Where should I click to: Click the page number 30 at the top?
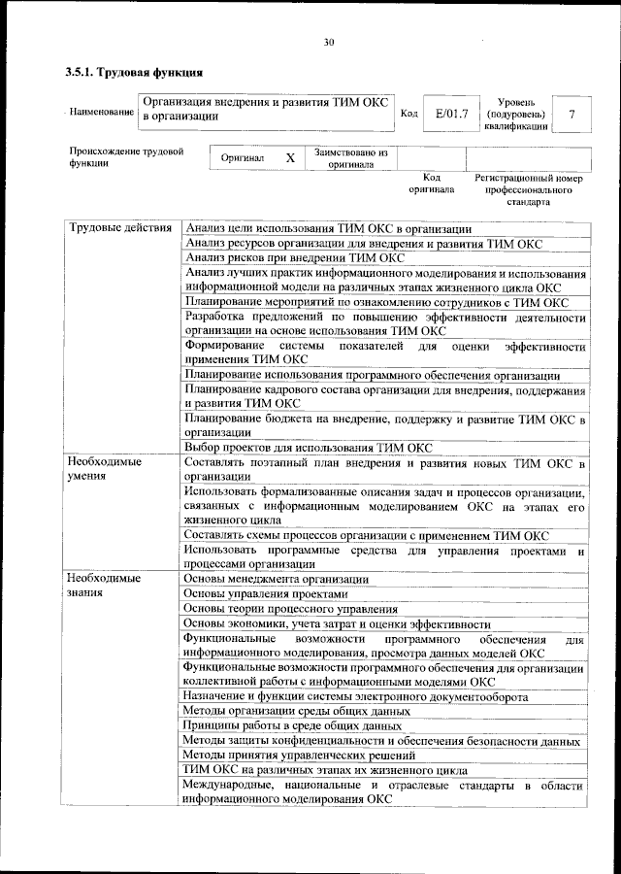[x=329, y=42]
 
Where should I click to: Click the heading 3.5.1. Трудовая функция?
[x=133, y=72]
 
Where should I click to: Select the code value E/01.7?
[x=451, y=115]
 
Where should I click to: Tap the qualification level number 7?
[x=572, y=115]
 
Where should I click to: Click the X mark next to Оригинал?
[x=289, y=157]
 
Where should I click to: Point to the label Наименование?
[x=102, y=114]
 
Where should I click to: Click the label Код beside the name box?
[x=409, y=115]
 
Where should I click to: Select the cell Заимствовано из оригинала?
[x=350, y=158]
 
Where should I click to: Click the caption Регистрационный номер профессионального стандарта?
[x=528, y=190]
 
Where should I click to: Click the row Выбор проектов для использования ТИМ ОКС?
[x=308, y=448]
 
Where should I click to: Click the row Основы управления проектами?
[x=264, y=593]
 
